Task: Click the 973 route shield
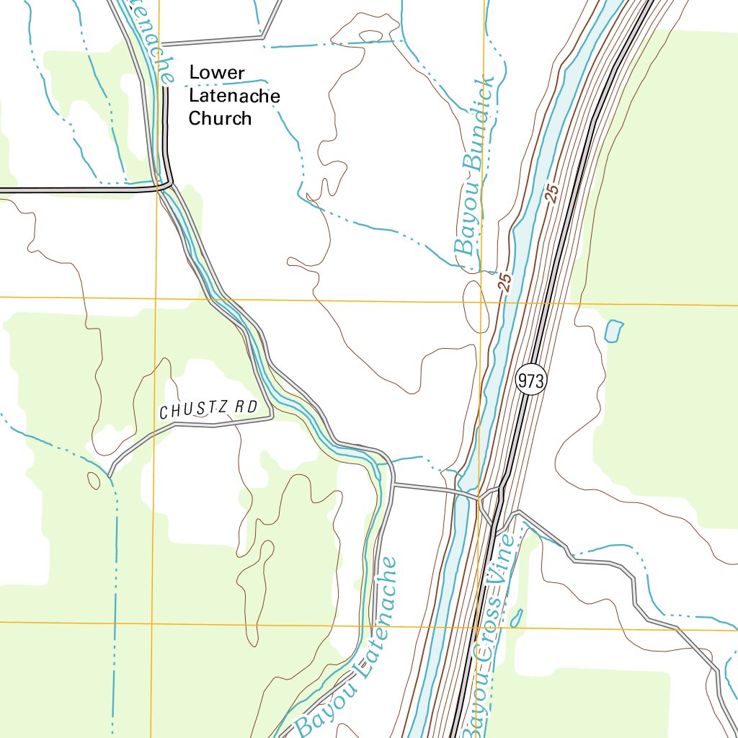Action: [x=531, y=381]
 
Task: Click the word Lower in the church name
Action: [x=217, y=73]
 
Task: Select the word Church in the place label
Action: [x=220, y=119]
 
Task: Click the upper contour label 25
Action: [x=553, y=193]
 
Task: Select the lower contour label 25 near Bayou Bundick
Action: [x=504, y=282]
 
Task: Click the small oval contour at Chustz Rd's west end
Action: [x=94, y=481]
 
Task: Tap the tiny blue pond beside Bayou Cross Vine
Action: [x=516, y=618]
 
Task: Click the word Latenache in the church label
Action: [x=234, y=96]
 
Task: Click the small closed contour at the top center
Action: [x=370, y=35]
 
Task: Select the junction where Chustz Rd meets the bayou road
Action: [x=272, y=417]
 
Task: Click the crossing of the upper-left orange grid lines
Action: [x=156, y=298]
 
